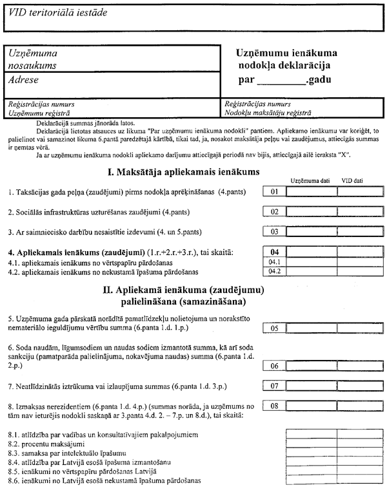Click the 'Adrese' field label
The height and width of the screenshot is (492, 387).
coord(23,80)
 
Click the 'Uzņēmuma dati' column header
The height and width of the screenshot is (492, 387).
coord(310,180)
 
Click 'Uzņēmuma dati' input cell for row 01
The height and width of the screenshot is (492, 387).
coord(311,191)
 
